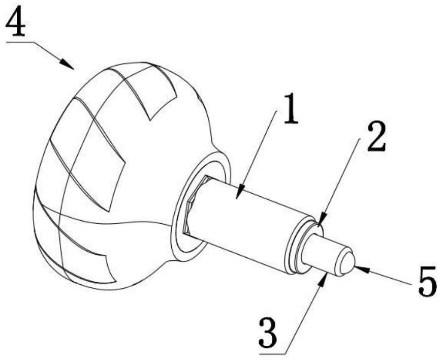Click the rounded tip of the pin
click(346, 262)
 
